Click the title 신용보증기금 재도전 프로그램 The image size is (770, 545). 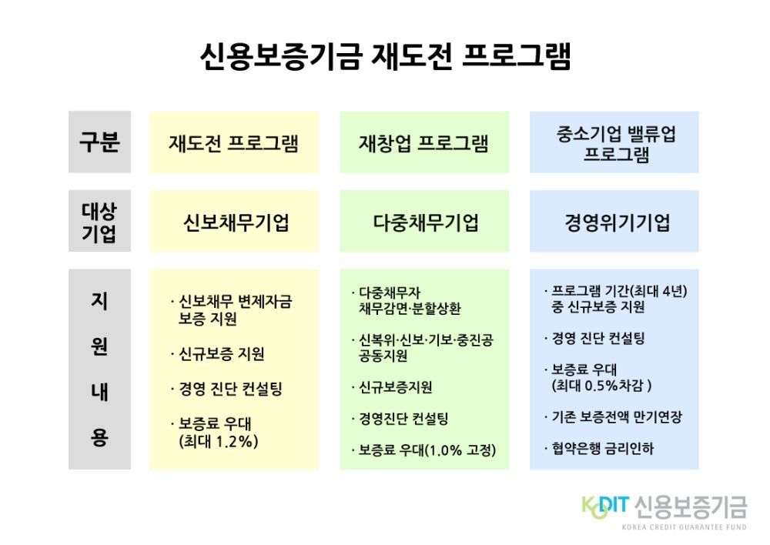pyautogui.click(x=386, y=57)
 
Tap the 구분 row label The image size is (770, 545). pyautogui.click(x=99, y=142)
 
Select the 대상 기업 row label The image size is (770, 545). pyautogui.click(x=99, y=222)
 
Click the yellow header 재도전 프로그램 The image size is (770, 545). pyautogui.click(x=234, y=143)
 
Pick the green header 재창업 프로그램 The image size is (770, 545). pyautogui.click(x=423, y=143)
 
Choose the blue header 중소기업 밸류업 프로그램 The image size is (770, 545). pyautogui.click(x=616, y=143)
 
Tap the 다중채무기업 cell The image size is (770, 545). pyautogui.click(x=426, y=222)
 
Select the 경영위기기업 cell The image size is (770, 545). pyautogui.click(x=618, y=222)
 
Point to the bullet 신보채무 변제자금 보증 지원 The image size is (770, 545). pyautogui.click(x=231, y=309)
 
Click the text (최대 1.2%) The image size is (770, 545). pyautogui.click(x=219, y=441)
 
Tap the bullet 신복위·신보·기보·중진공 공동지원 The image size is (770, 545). pyautogui.click(x=422, y=348)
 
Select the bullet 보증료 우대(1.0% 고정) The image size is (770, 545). pyautogui.click(x=423, y=450)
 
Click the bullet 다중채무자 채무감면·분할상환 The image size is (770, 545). pyautogui.click(x=406, y=300)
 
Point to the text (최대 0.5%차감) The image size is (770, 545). pyautogui.click(x=601, y=386)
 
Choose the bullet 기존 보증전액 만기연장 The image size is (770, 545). pyautogui.click(x=614, y=417)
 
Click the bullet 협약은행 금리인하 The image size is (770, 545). pyautogui.click(x=599, y=448)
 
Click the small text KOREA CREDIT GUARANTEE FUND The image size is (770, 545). pyautogui.click(x=684, y=527)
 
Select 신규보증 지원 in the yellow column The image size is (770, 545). pyautogui.click(x=218, y=353)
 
